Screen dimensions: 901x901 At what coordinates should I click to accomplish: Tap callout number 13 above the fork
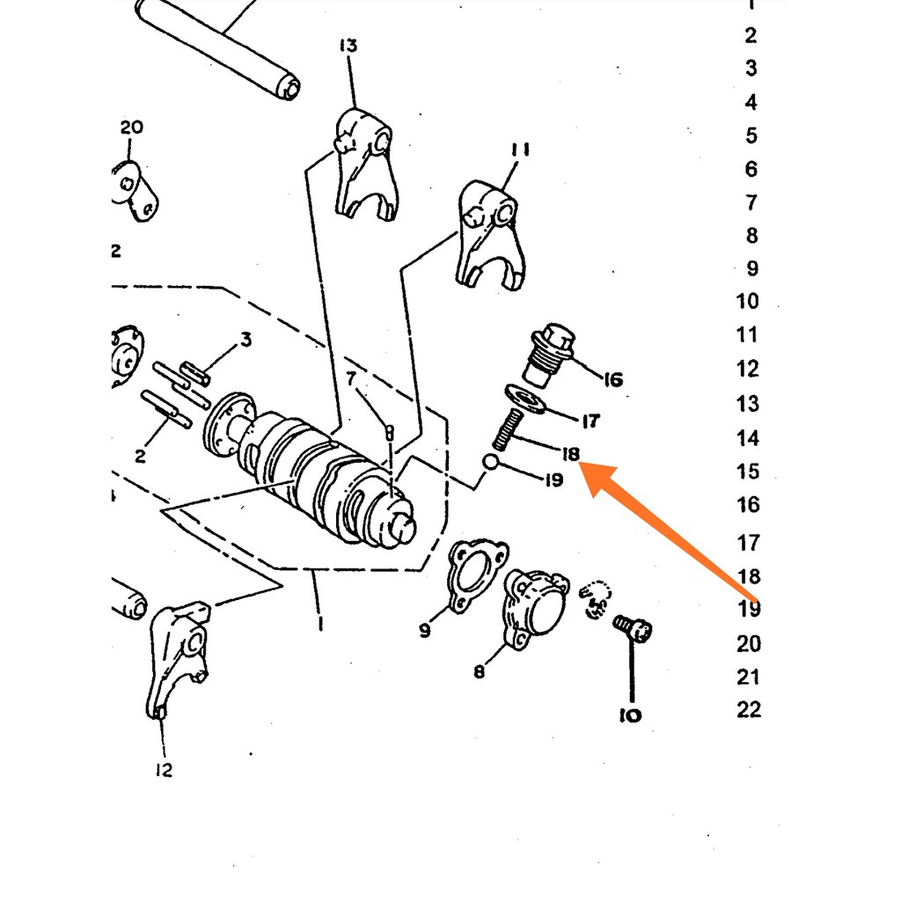pyautogui.click(x=348, y=46)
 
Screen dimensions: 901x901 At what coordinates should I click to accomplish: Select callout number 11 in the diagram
pyautogui.click(x=519, y=150)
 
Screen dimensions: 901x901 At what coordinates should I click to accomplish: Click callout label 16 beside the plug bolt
pyautogui.click(x=613, y=379)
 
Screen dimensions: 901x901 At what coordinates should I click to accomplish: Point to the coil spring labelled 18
pyautogui.click(x=508, y=429)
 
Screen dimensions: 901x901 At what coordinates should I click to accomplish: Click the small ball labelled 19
pyautogui.click(x=490, y=461)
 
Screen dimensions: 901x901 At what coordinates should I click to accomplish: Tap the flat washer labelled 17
pyautogui.click(x=525, y=399)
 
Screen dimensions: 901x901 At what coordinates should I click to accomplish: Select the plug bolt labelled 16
pyautogui.click(x=549, y=354)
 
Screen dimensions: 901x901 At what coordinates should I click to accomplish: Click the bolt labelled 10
pyautogui.click(x=633, y=627)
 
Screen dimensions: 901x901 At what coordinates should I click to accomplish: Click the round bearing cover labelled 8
pyautogui.click(x=536, y=609)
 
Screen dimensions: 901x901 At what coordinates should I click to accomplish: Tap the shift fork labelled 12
pyautogui.click(x=179, y=658)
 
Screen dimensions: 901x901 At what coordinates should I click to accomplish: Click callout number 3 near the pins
pyautogui.click(x=246, y=340)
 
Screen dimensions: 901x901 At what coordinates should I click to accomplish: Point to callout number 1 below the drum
pyautogui.click(x=319, y=623)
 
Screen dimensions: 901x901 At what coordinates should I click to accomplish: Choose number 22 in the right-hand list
pyautogui.click(x=749, y=710)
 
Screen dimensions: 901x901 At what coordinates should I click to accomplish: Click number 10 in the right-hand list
pyautogui.click(x=748, y=301)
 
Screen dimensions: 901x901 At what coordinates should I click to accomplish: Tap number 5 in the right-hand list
pyautogui.click(x=751, y=136)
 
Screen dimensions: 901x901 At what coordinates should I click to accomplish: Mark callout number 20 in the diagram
pyautogui.click(x=132, y=127)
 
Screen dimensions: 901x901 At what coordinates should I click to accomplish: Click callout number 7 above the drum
pyautogui.click(x=351, y=378)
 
